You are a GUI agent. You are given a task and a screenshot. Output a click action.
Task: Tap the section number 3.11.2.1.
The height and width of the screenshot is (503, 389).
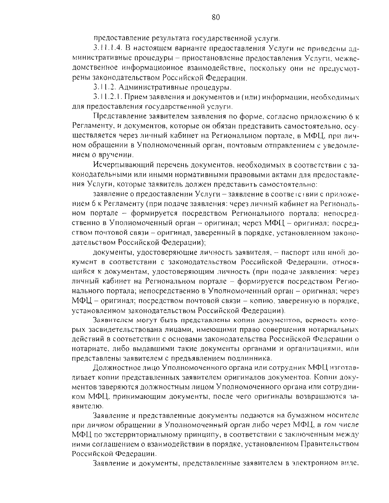click(107, 97)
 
